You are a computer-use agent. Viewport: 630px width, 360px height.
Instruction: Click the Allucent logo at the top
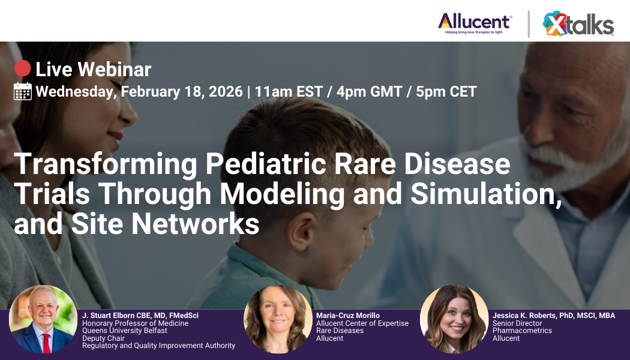[x=475, y=22]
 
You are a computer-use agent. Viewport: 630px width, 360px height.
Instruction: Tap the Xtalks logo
[x=578, y=24]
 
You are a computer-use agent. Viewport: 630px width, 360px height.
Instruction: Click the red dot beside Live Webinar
[x=22, y=69]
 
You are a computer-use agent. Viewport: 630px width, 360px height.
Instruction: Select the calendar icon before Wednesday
[x=23, y=91]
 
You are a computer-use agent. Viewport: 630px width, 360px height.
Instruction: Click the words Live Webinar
[x=93, y=70]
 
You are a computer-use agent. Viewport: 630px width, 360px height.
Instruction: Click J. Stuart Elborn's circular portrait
[x=43, y=319]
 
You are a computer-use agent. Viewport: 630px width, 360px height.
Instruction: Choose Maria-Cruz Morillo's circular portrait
[x=277, y=319]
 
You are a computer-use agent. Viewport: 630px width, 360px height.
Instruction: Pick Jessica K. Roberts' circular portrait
[x=454, y=319]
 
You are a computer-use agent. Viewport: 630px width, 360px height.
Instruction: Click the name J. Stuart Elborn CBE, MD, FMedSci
[x=140, y=316]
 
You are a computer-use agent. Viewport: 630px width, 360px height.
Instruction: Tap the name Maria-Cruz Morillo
[x=348, y=316]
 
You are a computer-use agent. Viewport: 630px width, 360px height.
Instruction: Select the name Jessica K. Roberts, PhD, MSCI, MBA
[x=553, y=316]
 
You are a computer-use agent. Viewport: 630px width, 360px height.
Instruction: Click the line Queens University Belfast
[x=125, y=331]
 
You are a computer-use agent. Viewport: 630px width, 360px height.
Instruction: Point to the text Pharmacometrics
[x=522, y=331]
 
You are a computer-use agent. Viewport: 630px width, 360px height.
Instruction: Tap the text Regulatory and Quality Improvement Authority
[x=158, y=345]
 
